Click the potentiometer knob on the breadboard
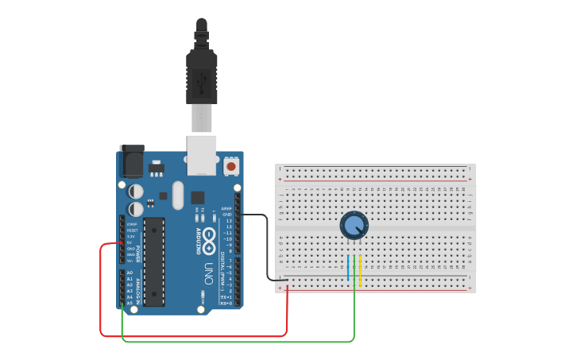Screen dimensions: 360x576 (x=354, y=225)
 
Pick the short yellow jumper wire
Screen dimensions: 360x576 (x=361, y=270)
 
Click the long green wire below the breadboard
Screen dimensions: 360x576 (x=238, y=342)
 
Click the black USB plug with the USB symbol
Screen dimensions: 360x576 (x=201, y=76)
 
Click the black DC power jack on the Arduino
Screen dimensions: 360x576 (x=130, y=163)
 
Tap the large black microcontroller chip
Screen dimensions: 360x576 (x=153, y=261)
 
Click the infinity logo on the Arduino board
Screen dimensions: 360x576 (x=210, y=235)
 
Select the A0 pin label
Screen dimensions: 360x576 (x=130, y=273)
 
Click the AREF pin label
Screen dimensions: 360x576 (x=227, y=208)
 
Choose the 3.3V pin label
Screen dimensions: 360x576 (x=130, y=237)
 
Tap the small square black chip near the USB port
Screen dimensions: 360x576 (x=197, y=197)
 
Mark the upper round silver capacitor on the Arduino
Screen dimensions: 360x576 (x=136, y=192)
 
